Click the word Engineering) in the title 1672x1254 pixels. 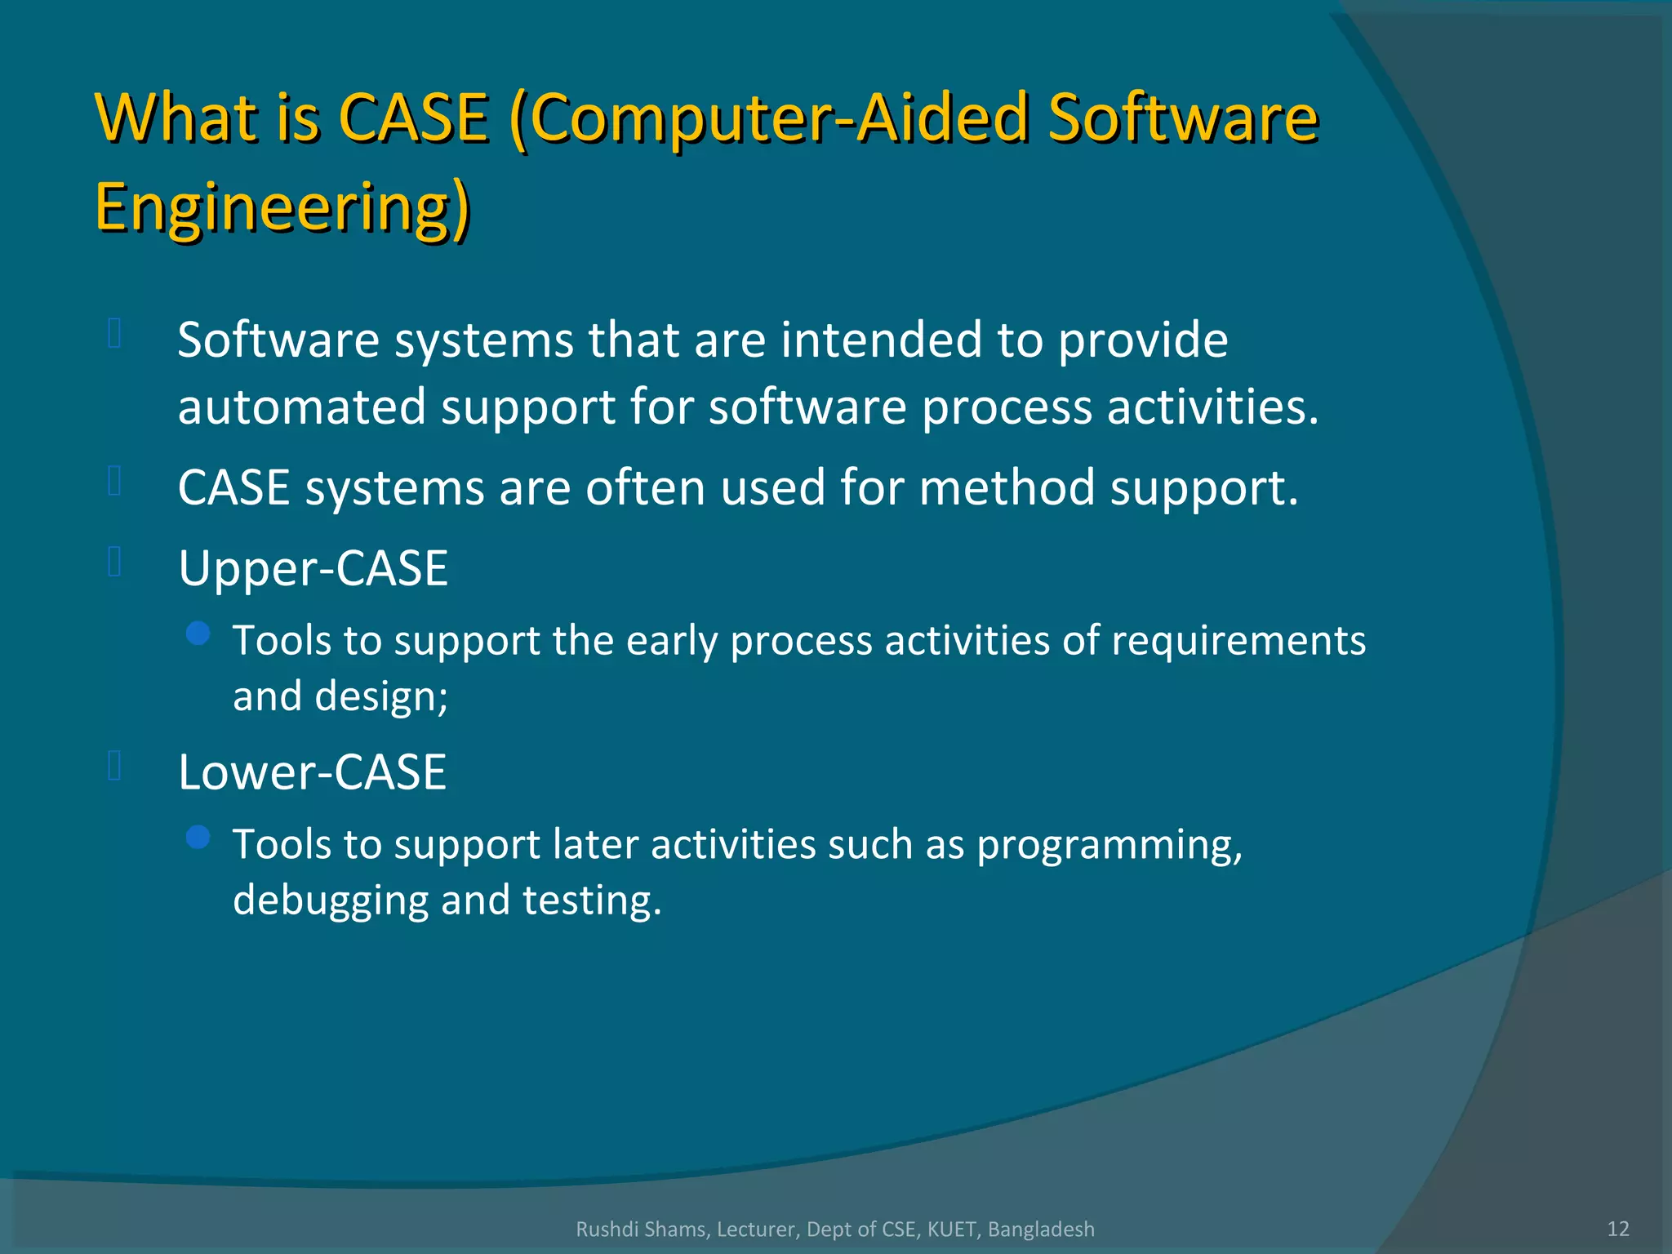click(x=282, y=207)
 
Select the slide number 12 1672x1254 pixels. click(x=1618, y=1228)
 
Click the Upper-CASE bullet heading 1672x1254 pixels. click(x=313, y=568)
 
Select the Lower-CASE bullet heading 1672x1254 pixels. click(x=312, y=772)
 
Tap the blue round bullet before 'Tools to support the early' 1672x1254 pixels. click(x=198, y=633)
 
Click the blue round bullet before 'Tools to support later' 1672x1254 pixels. click(x=198, y=837)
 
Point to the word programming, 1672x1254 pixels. click(x=1109, y=845)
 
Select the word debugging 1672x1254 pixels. click(x=331, y=900)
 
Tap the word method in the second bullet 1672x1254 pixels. click(x=1007, y=488)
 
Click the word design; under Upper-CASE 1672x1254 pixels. click(x=381, y=696)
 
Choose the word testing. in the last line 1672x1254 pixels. click(x=592, y=900)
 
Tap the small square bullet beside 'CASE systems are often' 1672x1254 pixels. click(x=114, y=481)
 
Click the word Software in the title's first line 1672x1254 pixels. click(x=1183, y=118)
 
